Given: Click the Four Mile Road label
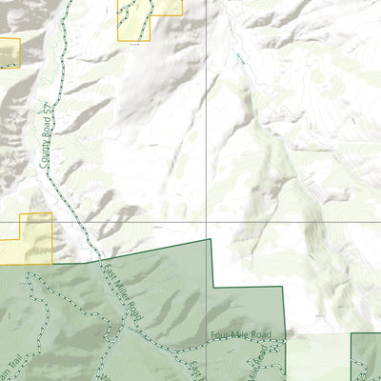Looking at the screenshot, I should (x=242, y=334).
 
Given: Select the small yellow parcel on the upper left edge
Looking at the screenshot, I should (x=9, y=52).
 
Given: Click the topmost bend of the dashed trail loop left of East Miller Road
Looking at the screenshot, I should (x=33, y=274).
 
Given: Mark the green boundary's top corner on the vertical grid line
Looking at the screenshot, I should (x=208, y=239).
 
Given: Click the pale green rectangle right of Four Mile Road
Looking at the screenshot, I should (x=319, y=357).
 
